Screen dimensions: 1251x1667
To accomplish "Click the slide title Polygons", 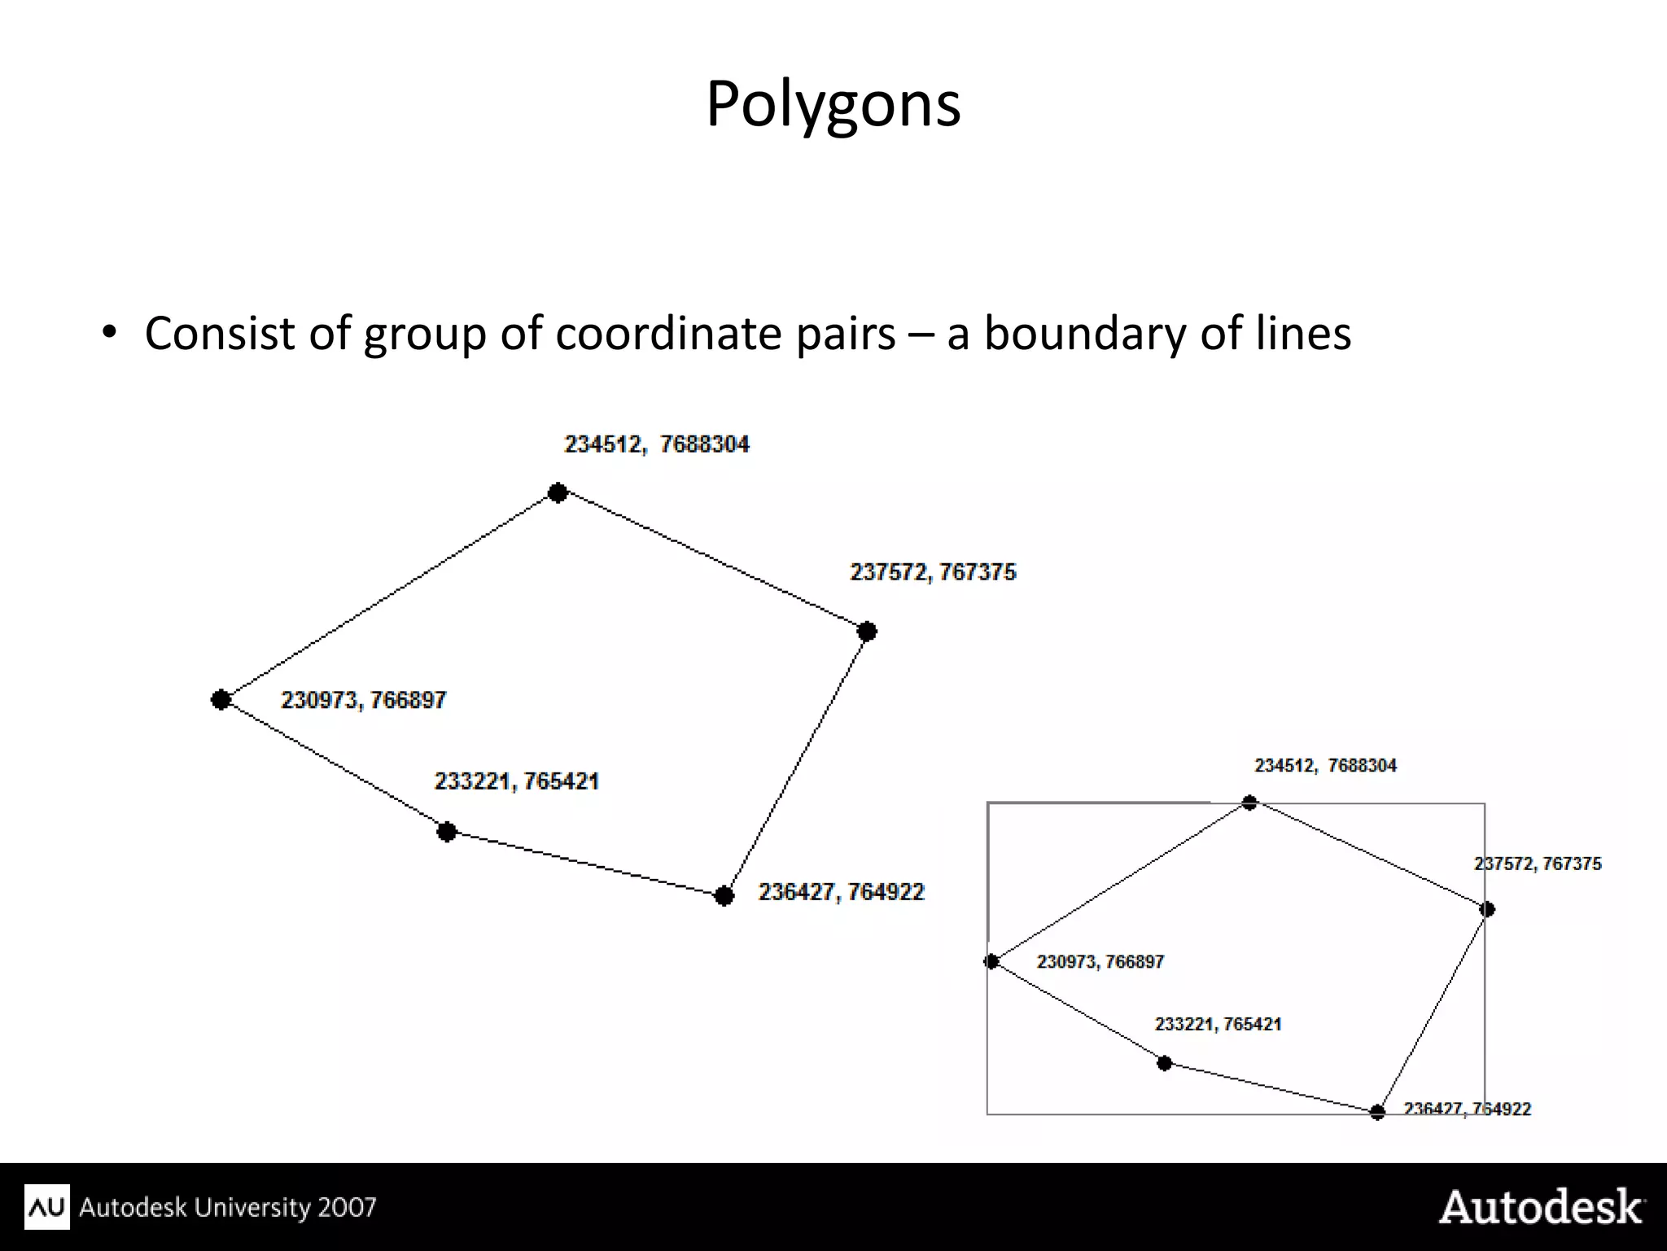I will coord(833,104).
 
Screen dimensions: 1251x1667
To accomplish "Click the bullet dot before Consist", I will coord(110,333).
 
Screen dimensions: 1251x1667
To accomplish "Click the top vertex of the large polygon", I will coord(558,492).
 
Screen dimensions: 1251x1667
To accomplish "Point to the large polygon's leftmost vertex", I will coord(221,699).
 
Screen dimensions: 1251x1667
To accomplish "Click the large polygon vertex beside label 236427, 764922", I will coord(724,896).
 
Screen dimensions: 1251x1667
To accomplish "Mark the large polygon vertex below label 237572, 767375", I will coord(867,632).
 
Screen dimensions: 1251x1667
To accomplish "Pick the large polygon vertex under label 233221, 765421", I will coord(446,832).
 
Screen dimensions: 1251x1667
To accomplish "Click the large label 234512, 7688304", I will coord(656,444).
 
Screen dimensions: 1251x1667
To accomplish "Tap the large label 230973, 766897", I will coord(363,700).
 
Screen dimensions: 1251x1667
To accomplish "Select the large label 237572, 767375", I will coord(933,572).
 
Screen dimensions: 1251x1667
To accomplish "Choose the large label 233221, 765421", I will coord(516,781).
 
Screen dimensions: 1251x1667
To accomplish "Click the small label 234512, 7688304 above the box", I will coord(1325,766).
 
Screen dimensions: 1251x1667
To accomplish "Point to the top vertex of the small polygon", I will coord(1249,803).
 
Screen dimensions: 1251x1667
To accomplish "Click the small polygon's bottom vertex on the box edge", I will coord(1377,1112).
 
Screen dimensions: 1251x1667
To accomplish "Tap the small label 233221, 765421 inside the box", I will coord(1218,1024).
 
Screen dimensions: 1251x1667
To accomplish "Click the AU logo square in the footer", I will coord(47,1206).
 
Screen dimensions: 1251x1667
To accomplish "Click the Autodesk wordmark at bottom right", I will coord(1541,1207).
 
